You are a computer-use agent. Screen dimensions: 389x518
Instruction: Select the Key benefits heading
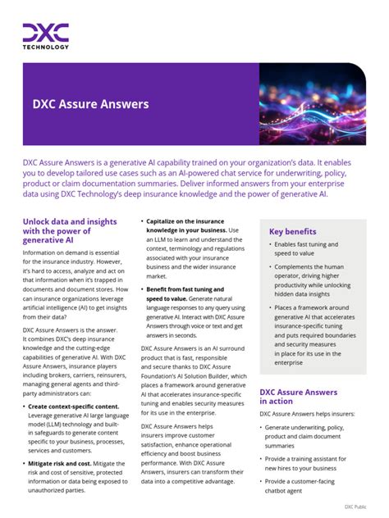292,231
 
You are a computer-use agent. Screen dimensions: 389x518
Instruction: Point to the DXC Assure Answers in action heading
298,397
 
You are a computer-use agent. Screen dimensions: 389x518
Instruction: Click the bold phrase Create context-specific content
74,406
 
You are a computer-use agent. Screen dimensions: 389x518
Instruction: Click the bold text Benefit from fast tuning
185,289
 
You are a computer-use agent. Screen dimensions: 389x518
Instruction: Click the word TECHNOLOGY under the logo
45,48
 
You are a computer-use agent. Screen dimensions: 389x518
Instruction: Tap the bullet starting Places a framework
316,334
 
